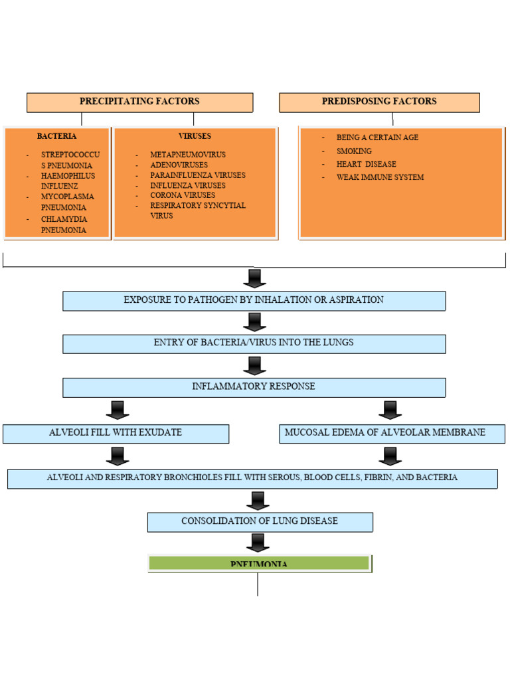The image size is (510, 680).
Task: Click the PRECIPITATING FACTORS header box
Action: coord(139,102)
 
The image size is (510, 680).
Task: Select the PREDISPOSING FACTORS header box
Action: coord(379,102)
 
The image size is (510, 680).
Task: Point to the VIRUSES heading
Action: coord(195,136)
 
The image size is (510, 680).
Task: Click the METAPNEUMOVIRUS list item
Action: coord(188,155)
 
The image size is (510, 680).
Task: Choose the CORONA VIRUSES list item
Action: coord(183,195)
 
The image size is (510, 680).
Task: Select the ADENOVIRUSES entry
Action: coord(179,165)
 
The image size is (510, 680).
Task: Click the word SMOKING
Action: coord(354,151)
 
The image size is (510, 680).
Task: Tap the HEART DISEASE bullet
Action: coord(366,164)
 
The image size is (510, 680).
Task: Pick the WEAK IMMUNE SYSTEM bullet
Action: coord(380,177)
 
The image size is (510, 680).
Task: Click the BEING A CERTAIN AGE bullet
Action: coord(377,137)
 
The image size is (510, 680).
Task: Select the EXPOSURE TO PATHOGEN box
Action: coord(254,300)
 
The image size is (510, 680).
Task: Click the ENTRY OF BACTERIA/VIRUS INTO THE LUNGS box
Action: coord(254,343)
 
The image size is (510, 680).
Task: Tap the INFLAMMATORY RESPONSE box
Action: coord(254,386)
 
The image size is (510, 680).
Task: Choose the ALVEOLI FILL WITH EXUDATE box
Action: coord(116,433)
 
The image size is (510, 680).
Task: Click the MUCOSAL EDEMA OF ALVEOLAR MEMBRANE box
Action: coord(392,433)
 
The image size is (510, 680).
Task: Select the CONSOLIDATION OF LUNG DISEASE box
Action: coord(260,521)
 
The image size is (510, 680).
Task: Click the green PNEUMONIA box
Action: coord(259,563)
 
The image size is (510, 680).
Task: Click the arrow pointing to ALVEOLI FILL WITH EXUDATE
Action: coord(117,410)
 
